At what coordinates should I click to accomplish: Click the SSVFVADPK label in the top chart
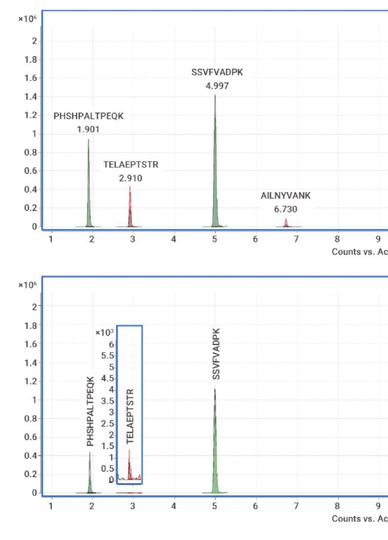pyautogui.click(x=217, y=72)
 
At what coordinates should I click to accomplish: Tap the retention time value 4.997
pyautogui.click(x=217, y=86)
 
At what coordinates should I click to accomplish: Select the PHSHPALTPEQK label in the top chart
pyautogui.click(x=88, y=116)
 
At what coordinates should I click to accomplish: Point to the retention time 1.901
pyautogui.click(x=88, y=129)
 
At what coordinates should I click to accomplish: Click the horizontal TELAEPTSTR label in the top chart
pyautogui.click(x=131, y=164)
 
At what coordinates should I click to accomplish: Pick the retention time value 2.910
pyautogui.click(x=131, y=178)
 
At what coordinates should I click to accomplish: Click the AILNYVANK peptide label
pyautogui.click(x=285, y=196)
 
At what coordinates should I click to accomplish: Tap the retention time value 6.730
pyautogui.click(x=285, y=209)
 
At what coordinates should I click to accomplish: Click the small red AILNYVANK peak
pyautogui.click(x=286, y=223)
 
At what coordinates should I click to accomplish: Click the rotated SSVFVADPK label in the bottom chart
pyautogui.click(x=217, y=353)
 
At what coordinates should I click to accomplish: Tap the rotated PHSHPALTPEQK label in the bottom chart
pyautogui.click(x=91, y=411)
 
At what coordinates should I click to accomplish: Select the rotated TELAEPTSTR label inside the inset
pyautogui.click(x=131, y=416)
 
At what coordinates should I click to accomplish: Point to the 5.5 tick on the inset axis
pyautogui.click(x=109, y=355)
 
